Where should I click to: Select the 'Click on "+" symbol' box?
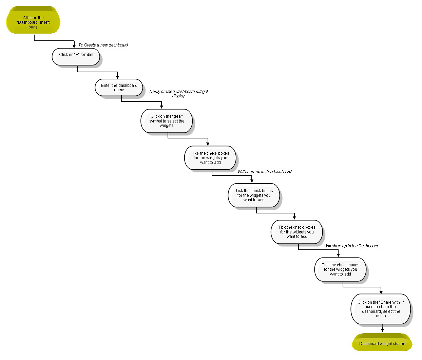pyautogui.click(x=76, y=57)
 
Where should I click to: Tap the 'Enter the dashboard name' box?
pyautogui.click(x=119, y=88)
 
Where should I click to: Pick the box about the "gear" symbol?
pyautogui.click(x=167, y=121)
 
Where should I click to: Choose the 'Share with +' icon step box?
pyautogui.click(x=381, y=309)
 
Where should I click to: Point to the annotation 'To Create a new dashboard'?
pyautogui.click(x=103, y=45)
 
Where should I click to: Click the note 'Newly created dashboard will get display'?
pyautogui.click(x=178, y=94)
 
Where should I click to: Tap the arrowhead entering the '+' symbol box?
pyautogui.click(x=74, y=46)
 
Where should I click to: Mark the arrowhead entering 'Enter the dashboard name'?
pyautogui.click(x=117, y=77)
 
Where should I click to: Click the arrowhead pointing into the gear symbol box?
pyautogui.click(x=161, y=107)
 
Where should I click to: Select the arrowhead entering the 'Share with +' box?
pyautogui.click(x=381, y=292)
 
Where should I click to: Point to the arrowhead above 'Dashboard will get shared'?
pyautogui.click(x=383, y=330)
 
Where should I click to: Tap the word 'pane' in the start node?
pyautogui.click(x=33, y=27)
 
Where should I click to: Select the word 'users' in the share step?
pyautogui.click(x=381, y=316)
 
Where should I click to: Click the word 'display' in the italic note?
pyautogui.click(x=178, y=96)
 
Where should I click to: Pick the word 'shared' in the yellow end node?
pyautogui.click(x=399, y=344)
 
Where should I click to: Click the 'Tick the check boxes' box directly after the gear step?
pyautogui.click(x=210, y=158)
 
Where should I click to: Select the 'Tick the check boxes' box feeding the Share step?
pyautogui.click(x=340, y=269)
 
